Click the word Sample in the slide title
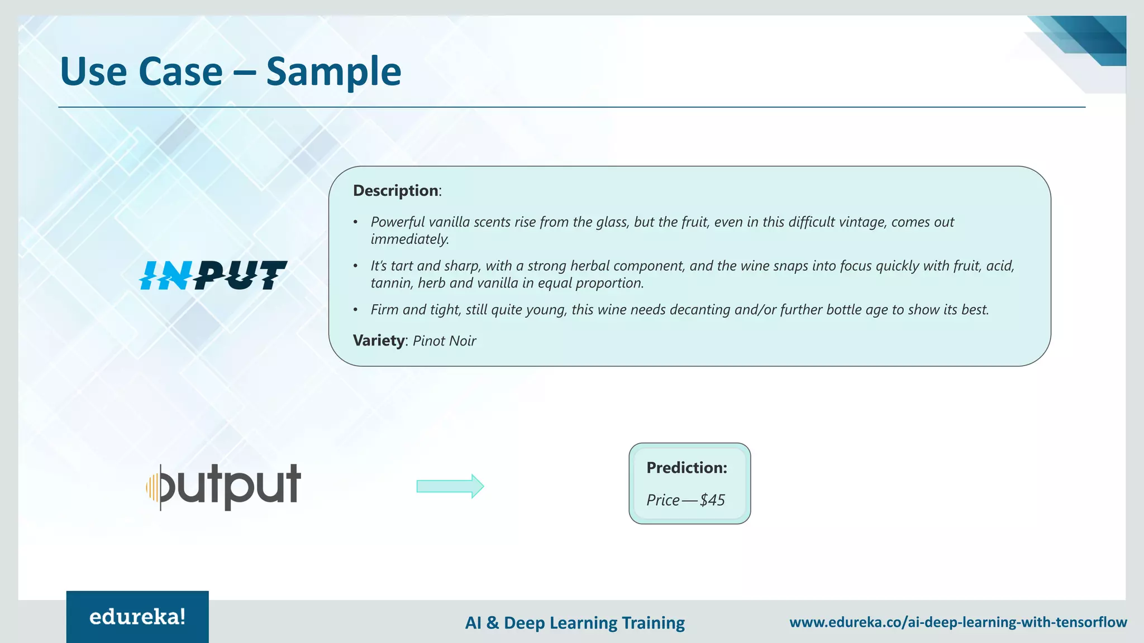(333, 71)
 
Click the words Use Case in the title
(141, 71)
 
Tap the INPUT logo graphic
(213, 275)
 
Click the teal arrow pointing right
(450, 486)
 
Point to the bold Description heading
(396, 190)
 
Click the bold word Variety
(379, 340)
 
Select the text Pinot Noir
(444, 341)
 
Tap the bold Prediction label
(687, 468)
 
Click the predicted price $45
(712, 500)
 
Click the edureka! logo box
(137, 617)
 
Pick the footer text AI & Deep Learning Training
(575, 622)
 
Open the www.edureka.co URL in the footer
(958, 622)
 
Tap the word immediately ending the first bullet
(409, 239)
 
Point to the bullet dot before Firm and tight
(355, 310)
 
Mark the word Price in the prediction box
(662, 500)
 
